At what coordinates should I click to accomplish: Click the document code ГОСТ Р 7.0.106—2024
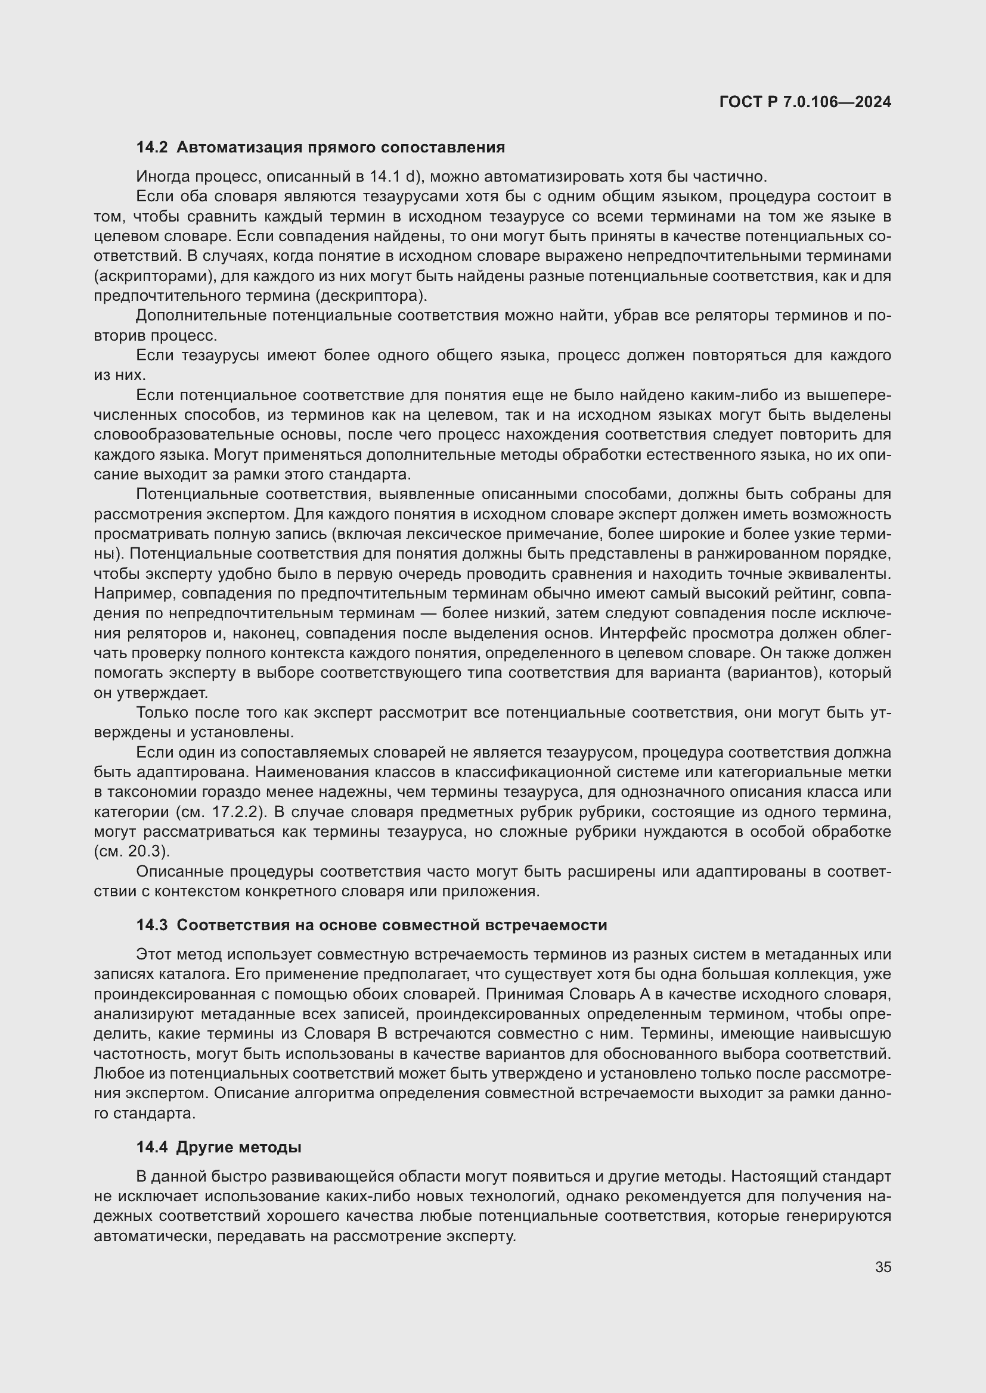pyautogui.click(x=805, y=102)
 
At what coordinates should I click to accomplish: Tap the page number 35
pyautogui.click(x=883, y=1267)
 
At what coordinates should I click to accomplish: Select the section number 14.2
pyautogui.click(x=152, y=148)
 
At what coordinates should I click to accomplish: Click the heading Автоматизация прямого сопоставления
pyautogui.click(x=340, y=148)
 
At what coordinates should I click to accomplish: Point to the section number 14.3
pyautogui.click(x=152, y=925)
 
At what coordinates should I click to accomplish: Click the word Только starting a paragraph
pyautogui.click(x=162, y=712)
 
